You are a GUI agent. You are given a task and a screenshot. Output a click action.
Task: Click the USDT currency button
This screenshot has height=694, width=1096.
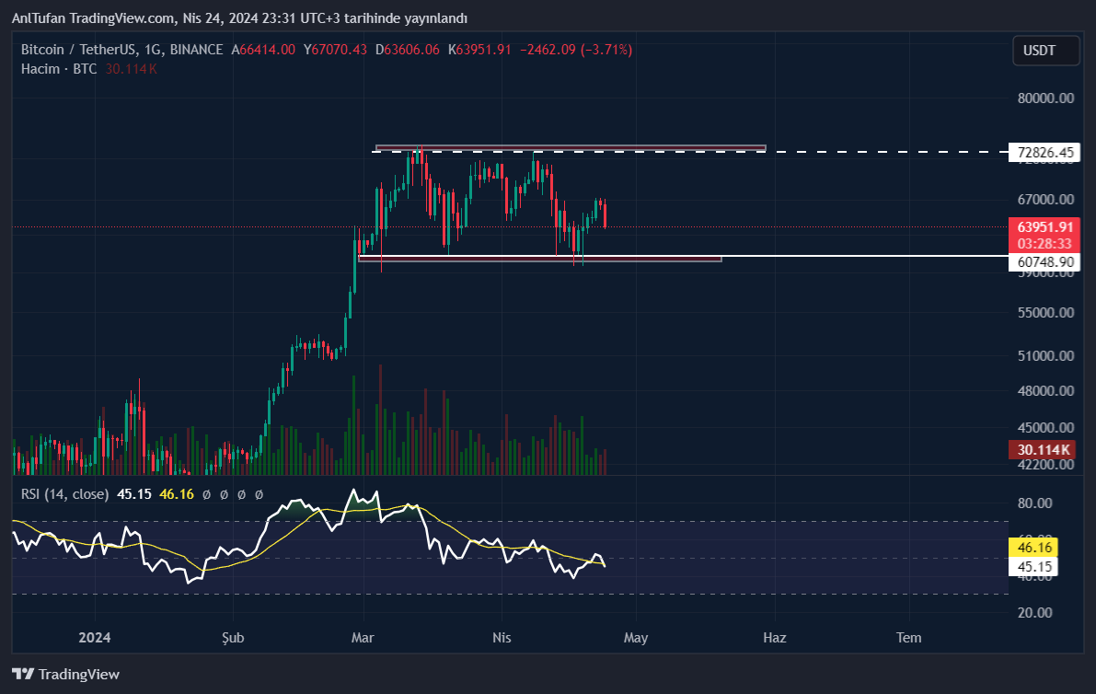[x=1047, y=51]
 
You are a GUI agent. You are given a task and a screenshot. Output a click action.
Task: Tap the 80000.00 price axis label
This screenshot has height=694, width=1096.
[x=1046, y=98]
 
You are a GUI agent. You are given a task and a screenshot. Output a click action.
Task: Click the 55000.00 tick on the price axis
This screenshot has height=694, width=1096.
[x=1046, y=313]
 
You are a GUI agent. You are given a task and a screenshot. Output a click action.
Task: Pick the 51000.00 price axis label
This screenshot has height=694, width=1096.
[x=1046, y=356]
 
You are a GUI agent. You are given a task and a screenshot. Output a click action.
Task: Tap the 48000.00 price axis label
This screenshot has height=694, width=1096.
[x=1046, y=391]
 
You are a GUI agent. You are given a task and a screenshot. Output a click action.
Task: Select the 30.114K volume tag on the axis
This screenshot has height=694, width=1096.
[x=1044, y=450]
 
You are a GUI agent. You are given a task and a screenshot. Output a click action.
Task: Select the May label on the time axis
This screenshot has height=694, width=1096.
[x=636, y=638]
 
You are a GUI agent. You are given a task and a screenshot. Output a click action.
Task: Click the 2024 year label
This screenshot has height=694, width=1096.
[x=95, y=638]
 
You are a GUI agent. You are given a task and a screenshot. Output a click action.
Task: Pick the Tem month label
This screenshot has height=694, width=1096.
[x=908, y=638]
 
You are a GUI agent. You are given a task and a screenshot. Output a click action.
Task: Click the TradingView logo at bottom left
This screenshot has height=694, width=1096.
[x=65, y=674]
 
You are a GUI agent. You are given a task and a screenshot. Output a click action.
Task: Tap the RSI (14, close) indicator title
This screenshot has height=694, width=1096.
[x=64, y=494]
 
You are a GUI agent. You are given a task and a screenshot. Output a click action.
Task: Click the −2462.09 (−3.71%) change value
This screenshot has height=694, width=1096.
[x=576, y=50]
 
